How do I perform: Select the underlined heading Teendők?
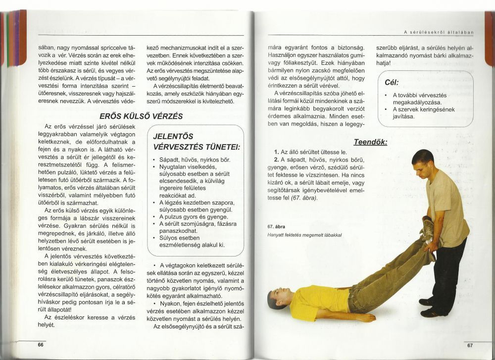[370, 142]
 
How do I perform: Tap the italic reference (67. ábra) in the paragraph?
[305, 198]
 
